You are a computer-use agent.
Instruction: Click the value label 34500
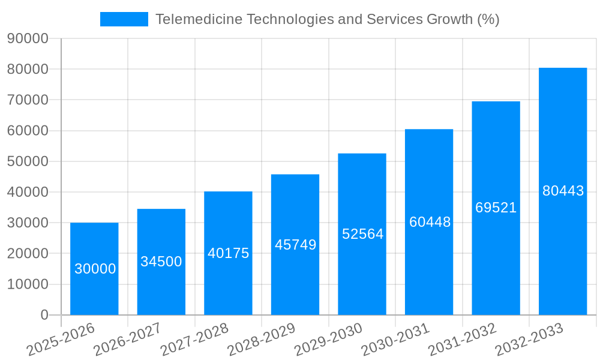[x=161, y=262]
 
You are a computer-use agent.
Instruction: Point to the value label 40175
[x=228, y=253]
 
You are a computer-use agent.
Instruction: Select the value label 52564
[x=362, y=234]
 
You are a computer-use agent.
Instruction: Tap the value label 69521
[x=496, y=208]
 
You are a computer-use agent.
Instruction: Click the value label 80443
[x=563, y=191]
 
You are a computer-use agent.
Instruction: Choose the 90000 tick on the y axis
[x=28, y=38]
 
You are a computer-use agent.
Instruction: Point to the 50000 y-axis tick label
[x=28, y=161]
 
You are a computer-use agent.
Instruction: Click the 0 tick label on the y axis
[x=44, y=315]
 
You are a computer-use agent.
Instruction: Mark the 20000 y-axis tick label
[x=28, y=253]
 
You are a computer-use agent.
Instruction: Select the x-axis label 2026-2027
[x=127, y=339]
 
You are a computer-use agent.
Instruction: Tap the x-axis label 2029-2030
[x=329, y=339]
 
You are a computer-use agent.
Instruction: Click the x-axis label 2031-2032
[x=463, y=339]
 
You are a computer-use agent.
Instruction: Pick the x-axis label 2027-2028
[x=194, y=339]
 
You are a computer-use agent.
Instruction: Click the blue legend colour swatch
[x=124, y=19]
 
